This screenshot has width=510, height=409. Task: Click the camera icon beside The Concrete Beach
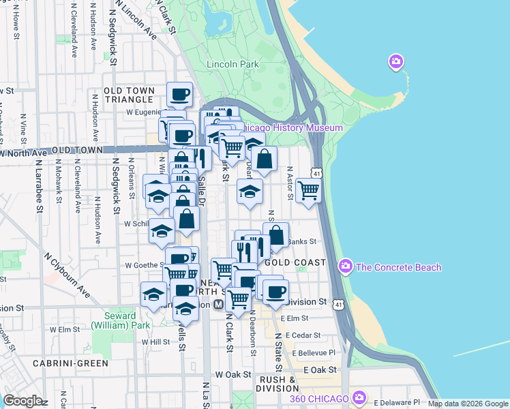(346, 266)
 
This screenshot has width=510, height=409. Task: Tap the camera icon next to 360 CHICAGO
(359, 397)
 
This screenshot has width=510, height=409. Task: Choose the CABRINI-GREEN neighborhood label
(75, 363)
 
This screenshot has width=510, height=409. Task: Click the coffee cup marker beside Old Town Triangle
(179, 95)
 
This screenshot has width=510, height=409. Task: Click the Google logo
(22, 401)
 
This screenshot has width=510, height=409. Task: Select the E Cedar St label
(303, 335)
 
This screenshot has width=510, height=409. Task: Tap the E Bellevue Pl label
(311, 352)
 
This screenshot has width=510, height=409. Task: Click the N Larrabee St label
(39, 188)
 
